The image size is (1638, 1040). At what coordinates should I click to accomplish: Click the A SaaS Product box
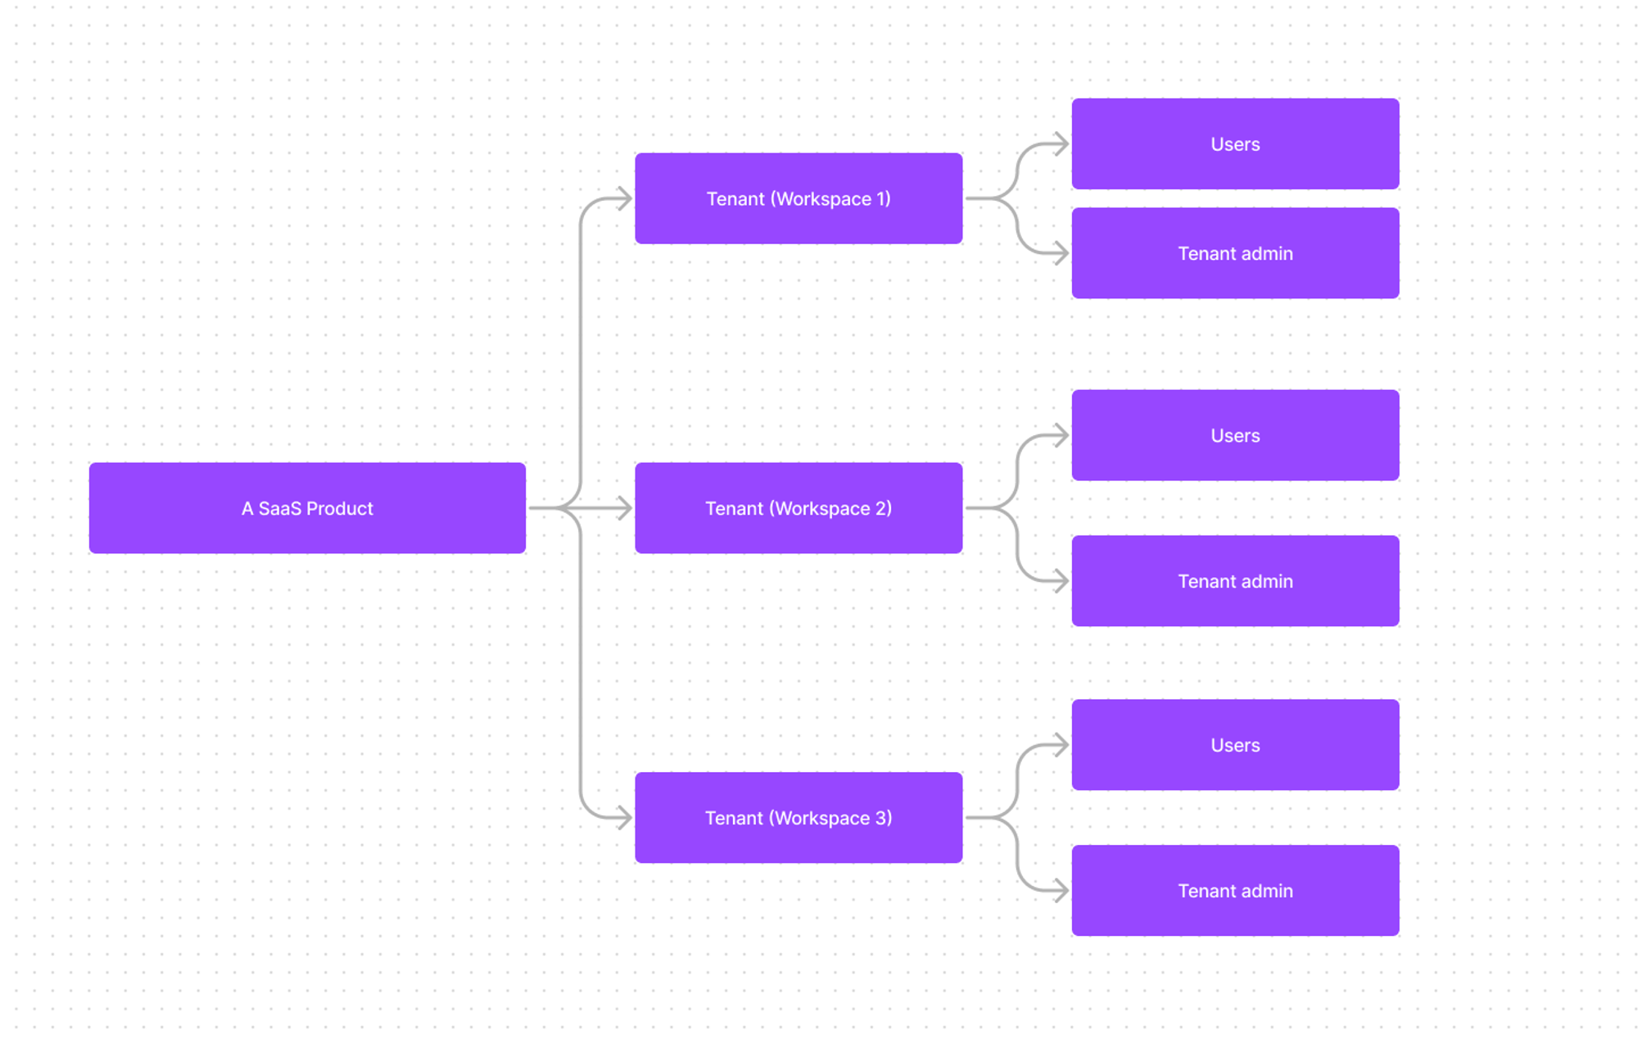coord(307,508)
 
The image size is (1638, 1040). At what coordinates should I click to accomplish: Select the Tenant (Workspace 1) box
coord(799,198)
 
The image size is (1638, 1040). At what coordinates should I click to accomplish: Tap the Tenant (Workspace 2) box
coord(799,508)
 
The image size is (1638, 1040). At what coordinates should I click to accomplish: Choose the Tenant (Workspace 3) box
coord(799,817)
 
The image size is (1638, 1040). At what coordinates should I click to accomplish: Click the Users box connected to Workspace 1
coord(1235,144)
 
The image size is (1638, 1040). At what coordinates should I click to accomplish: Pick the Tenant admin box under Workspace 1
coord(1235,253)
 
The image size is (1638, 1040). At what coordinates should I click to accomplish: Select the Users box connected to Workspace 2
coord(1235,435)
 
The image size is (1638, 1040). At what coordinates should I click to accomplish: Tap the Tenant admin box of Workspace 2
coord(1235,581)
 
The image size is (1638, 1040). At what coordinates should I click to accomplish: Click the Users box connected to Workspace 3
coord(1235,745)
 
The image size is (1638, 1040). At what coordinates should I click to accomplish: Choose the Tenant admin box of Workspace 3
coord(1235,891)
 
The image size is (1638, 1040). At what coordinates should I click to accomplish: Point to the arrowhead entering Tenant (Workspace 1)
coord(625,198)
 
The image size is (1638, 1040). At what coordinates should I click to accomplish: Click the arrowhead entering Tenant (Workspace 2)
coord(625,508)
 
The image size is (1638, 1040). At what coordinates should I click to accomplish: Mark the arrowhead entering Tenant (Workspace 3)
coord(625,817)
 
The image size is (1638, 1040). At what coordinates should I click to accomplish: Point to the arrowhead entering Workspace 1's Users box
coord(1062,144)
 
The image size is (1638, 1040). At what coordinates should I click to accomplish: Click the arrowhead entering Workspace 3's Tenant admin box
coord(1062,891)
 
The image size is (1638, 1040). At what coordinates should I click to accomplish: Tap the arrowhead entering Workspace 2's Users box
coord(1062,435)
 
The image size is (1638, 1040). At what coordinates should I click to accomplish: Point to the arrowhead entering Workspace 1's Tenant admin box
coord(1062,253)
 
